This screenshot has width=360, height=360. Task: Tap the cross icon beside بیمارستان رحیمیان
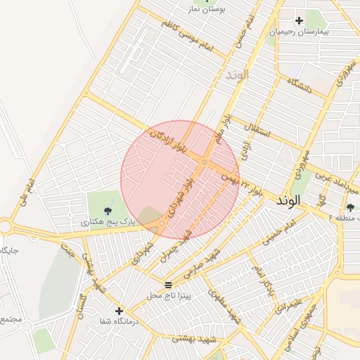pyautogui.click(x=300, y=20)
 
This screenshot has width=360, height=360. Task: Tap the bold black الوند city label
pyautogui.click(x=288, y=200)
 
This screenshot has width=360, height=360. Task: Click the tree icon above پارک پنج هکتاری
pyautogui.click(x=108, y=210)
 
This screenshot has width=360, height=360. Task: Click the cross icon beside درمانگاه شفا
pyautogui.click(x=119, y=310)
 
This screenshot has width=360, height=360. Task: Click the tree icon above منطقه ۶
pyautogui.click(x=350, y=207)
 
